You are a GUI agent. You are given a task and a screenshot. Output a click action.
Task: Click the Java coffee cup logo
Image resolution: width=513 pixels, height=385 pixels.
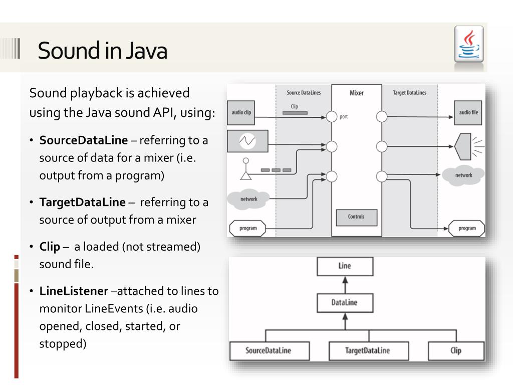pyautogui.click(x=469, y=45)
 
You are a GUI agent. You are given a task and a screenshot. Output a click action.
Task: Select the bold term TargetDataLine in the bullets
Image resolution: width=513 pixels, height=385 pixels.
pyautogui.click(x=83, y=202)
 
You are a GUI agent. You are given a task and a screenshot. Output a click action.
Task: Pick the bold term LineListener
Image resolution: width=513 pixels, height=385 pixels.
pyautogui.click(x=74, y=291)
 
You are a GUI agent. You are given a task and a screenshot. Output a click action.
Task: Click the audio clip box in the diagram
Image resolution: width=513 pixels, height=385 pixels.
pyautogui.click(x=241, y=112)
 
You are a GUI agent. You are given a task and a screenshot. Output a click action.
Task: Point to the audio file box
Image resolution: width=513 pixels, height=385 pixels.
pyautogui.click(x=468, y=112)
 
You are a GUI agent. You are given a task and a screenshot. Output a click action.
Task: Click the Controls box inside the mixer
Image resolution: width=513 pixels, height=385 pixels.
pyautogui.click(x=356, y=217)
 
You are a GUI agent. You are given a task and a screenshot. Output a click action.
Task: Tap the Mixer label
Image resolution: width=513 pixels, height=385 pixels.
pyautogui.click(x=356, y=93)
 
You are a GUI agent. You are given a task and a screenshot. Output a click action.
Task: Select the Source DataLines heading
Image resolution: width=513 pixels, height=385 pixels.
pyautogui.click(x=304, y=93)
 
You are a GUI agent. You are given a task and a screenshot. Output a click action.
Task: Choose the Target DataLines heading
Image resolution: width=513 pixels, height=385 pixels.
pyautogui.click(x=410, y=93)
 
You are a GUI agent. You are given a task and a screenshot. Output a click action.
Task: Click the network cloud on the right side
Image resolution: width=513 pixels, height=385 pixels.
pyautogui.click(x=463, y=175)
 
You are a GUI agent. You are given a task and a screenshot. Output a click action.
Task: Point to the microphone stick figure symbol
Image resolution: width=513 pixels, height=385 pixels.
pyautogui.click(x=245, y=169)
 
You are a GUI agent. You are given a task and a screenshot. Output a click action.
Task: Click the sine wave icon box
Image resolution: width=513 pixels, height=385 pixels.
pyautogui.click(x=247, y=141)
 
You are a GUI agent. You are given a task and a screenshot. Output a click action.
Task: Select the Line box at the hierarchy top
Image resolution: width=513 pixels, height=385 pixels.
pyautogui.click(x=345, y=266)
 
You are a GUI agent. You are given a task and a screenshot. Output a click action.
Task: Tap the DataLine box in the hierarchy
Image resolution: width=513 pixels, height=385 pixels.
pyautogui.click(x=345, y=302)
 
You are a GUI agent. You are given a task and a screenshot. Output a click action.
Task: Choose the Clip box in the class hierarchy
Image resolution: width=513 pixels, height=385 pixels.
pyautogui.click(x=456, y=350)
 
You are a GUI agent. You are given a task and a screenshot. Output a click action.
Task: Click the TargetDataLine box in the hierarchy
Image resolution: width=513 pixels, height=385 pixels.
pyautogui.click(x=367, y=350)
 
